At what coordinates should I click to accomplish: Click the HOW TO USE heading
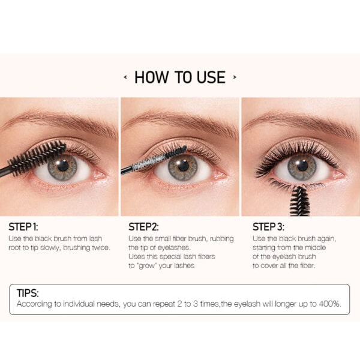point(180,77)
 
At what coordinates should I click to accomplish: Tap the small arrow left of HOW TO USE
point(125,77)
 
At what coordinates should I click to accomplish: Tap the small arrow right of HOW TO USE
point(235,77)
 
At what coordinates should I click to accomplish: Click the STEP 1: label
point(23,227)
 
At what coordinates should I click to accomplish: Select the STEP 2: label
point(143,227)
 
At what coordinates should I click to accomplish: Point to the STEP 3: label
point(268,227)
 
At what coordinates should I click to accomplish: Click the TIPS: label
point(28,293)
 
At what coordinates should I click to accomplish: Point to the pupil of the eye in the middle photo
point(183,165)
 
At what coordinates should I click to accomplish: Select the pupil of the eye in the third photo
point(302,165)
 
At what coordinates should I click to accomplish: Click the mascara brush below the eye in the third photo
point(299,202)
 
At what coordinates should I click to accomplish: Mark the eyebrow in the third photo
point(301,122)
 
